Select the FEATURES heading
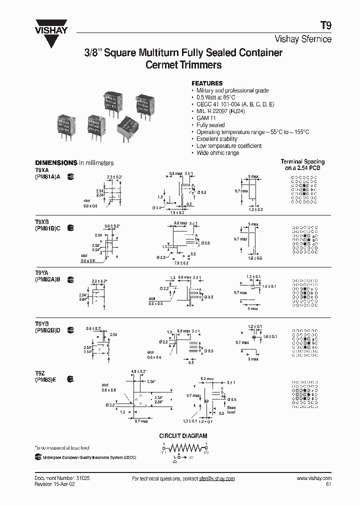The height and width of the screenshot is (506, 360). pyautogui.click(x=207, y=83)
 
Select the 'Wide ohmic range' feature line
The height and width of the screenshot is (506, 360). pyautogui.click(x=217, y=153)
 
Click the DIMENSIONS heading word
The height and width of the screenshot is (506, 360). pyautogui.click(x=55, y=163)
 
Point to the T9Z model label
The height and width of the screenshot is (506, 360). pyautogui.click(x=38, y=372)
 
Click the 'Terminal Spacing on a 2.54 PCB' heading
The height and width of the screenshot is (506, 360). pyautogui.click(x=302, y=164)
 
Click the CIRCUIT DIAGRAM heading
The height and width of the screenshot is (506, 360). pyautogui.click(x=183, y=436)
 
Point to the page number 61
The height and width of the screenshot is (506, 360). pyautogui.click(x=328, y=484)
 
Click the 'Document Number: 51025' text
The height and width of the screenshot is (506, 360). pyautogui.click(x=62, y=478)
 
